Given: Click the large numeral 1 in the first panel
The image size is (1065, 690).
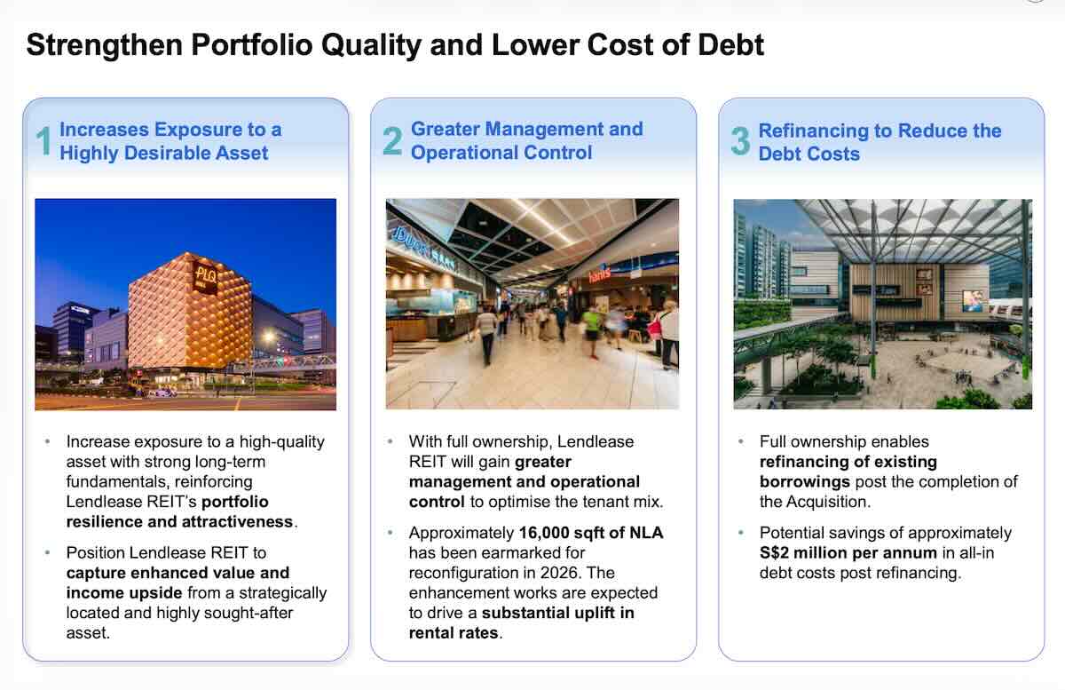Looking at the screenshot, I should (43, 142).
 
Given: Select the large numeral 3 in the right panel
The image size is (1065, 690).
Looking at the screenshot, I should (740, 142).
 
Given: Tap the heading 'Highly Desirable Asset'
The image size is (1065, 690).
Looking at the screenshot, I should (163, 153).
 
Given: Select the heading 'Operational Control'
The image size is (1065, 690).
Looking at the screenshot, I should (501, 153).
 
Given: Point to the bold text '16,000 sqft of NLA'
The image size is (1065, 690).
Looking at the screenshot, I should (590, 533).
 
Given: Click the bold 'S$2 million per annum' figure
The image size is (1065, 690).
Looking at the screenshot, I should (848, 552).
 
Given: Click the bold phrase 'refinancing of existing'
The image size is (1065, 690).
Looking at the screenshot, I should (848, 462).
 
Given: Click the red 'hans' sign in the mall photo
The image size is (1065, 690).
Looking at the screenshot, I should (600, 276).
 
